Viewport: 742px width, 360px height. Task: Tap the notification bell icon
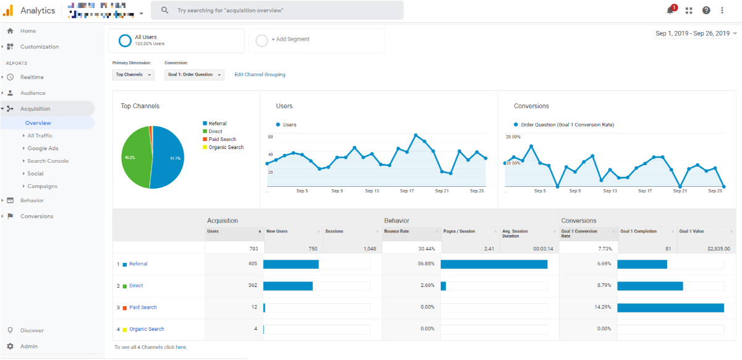pos(670,11)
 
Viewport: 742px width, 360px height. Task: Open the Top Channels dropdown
pos(133,75)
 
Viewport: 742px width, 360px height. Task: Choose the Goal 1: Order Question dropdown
pos(194,75)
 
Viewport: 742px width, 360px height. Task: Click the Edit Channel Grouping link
pos(260,75)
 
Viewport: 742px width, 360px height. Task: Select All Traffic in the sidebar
pos(40,135)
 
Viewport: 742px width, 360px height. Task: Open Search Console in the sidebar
pos(48,161)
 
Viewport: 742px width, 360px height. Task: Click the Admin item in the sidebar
pos(28,346)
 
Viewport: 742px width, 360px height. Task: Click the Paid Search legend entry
pos(222,139)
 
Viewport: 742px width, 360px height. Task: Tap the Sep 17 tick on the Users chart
pos(407,191)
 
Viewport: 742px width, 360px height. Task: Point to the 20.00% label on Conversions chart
pos(513,137)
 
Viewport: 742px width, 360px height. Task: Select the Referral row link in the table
pos(138,264)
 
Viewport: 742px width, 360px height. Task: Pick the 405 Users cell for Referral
pos(251,264)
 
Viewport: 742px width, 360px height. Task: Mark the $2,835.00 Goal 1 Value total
pos(717,249)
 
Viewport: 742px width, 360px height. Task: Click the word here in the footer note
pos(181,347)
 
